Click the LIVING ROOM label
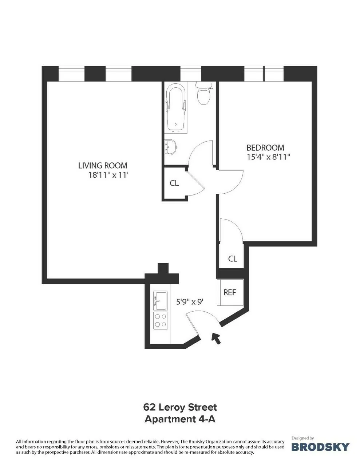click(x=103, y=166)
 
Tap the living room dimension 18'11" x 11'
click(x=109, y=175)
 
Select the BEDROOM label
click(x=265, y=148)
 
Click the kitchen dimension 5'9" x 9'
click(x=190, y=301)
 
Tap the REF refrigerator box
click(x=229, y=292)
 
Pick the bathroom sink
click(x=170, y=147)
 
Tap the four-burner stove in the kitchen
click(x=160, y=320)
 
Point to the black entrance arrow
click(x=216, y=338)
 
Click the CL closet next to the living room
click(x=174, y=183)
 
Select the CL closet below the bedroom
click(x=233, y=259)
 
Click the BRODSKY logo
click(x=320, y=446)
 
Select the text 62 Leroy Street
click(x=180, y=407)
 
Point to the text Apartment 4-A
click(x=180, y=419)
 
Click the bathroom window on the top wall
click(x=190, y=74)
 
